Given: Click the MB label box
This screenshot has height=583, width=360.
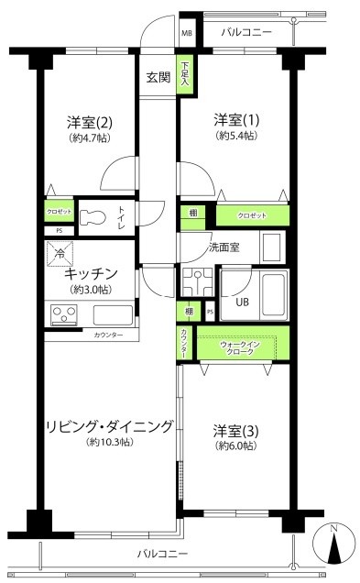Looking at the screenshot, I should pos(187,33).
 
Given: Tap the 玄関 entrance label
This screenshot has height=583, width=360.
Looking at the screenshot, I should pos(157,78).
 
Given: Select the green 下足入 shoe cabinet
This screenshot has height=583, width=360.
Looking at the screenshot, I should pos(185,74).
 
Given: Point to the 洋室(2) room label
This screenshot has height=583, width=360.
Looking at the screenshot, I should pos(89,122).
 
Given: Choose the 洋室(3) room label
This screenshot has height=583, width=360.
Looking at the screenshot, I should pos(235,430).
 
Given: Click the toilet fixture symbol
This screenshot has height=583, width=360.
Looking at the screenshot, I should pos(95,218).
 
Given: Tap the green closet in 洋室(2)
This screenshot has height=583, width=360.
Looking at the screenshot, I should pos(60,212).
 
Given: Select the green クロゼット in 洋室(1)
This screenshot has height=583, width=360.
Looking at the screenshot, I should pos(253,216).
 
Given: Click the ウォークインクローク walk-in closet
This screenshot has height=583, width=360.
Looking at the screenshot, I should pos(240,348).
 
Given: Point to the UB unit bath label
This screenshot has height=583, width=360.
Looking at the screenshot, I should pos(243,301).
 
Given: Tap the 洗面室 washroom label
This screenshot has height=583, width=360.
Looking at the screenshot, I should pos(223,247).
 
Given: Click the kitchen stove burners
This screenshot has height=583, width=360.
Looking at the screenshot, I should pos(67,316).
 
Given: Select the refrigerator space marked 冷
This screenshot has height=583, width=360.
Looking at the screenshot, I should pos(60,253).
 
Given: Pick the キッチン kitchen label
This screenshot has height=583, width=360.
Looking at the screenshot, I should pos(90,273).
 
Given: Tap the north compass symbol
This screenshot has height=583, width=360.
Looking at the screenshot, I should pos(334,549).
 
